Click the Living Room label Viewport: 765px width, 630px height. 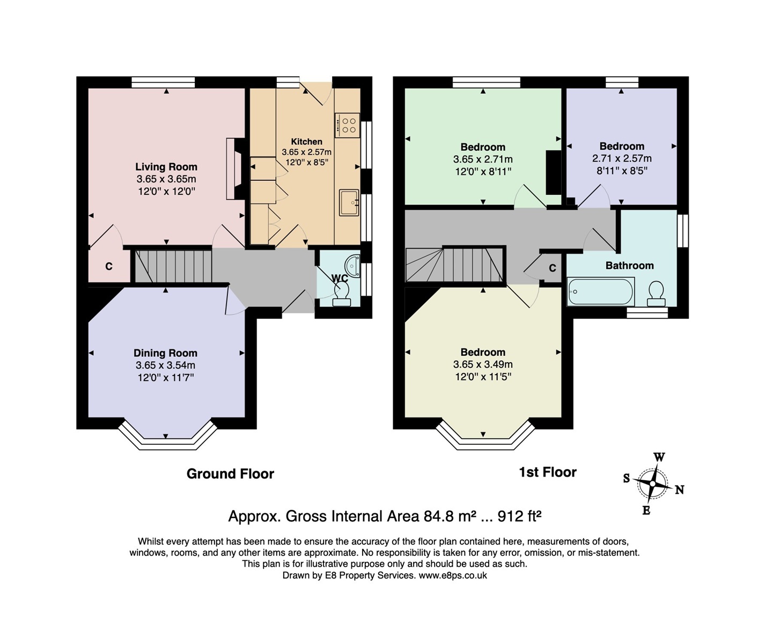pos(166,167)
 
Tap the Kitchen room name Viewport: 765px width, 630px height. pos(306,142)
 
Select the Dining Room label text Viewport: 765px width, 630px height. pos(165,353)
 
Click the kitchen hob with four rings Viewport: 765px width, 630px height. pos(348,125)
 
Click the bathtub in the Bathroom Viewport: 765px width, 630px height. pos(601,292)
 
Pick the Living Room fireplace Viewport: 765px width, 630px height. pos(235,169)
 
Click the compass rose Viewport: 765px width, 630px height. pos(652,484)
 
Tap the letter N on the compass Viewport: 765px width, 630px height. pos(679,490)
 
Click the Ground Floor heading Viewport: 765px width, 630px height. pos(230,474)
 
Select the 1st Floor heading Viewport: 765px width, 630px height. pos(548,472)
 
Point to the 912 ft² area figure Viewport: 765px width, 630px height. pos(519,516)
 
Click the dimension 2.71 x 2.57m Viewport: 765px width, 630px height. pos(622,159)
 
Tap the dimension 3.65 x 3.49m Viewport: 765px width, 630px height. pos(483,364)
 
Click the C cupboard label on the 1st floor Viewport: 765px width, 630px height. pos(553,268)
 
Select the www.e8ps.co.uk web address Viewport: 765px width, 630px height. pos(453,575)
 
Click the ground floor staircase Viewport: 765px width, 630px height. pos(173,266)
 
